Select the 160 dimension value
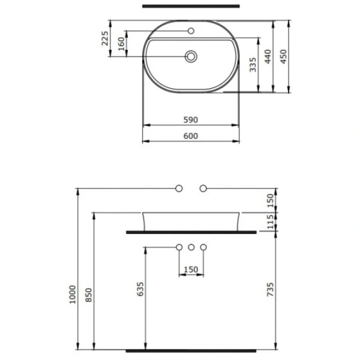click(x=121, y=44)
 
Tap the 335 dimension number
click(x=254, y=65)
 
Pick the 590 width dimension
click(x=190, y=120)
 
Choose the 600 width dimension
click(x=190, y=136)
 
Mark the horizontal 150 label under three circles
click(x=190, y=269)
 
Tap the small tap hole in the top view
click(x=191, y=31)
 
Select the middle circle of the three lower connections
click(x=191, y=247)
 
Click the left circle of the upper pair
click(x=179, y=188)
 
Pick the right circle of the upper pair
click(x=203, y=188)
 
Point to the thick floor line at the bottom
click(x=190, y=349)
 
